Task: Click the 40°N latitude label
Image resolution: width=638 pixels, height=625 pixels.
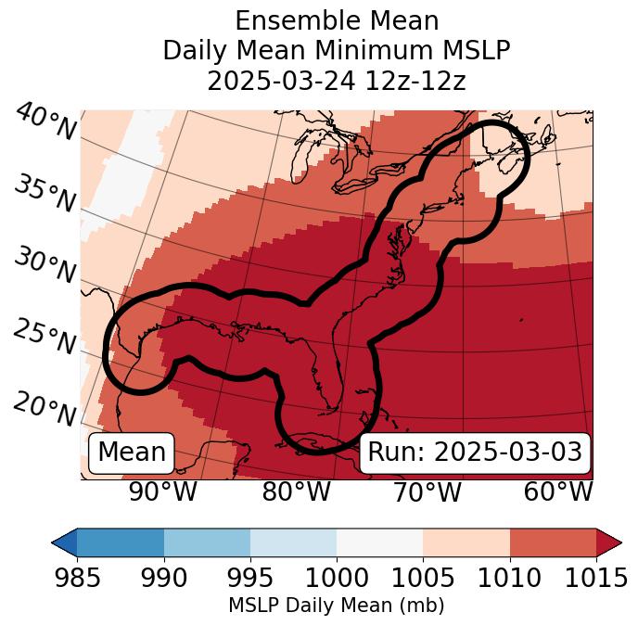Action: click(45, 123)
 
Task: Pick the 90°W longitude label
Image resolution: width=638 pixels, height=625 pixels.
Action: click(162, 492)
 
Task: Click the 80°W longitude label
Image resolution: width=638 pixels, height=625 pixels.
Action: click(296, 492)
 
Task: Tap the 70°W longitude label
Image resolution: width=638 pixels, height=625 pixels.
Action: click(427, 492)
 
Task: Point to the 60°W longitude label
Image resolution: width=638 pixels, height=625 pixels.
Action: click(558, 492)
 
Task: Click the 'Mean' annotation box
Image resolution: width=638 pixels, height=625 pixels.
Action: click(132, 453)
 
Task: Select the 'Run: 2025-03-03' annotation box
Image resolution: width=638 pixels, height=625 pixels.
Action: click(475, 453)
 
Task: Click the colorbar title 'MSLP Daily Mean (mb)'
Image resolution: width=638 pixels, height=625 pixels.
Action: click(336, 606)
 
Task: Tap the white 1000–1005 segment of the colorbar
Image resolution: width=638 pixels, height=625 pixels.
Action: click(379, 542)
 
